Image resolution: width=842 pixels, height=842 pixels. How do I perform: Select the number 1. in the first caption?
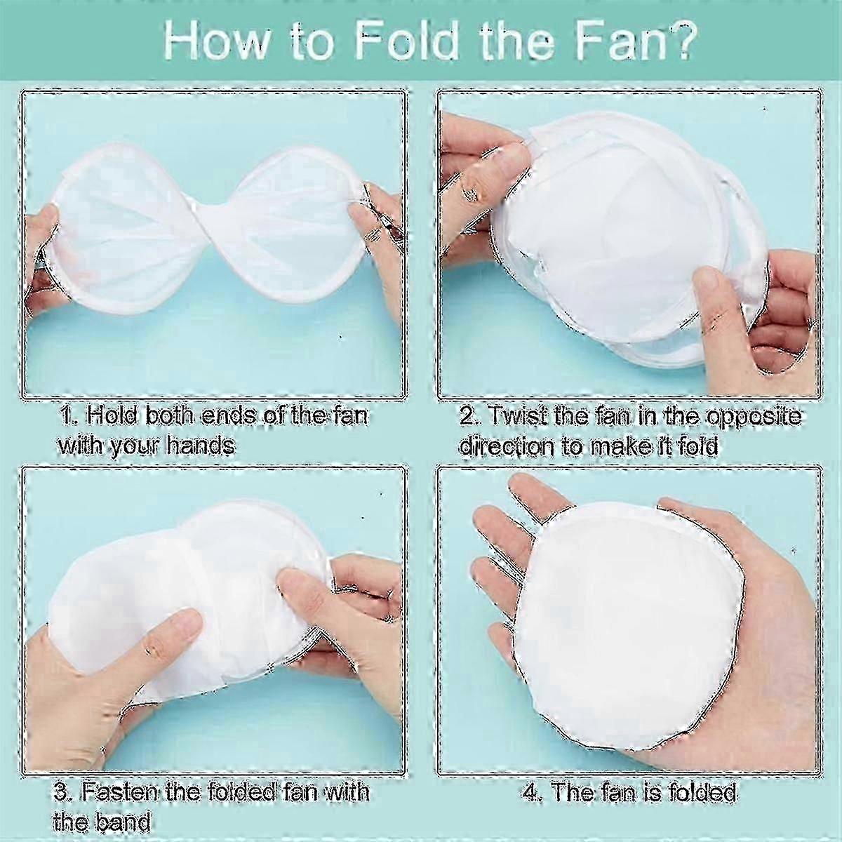69,415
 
